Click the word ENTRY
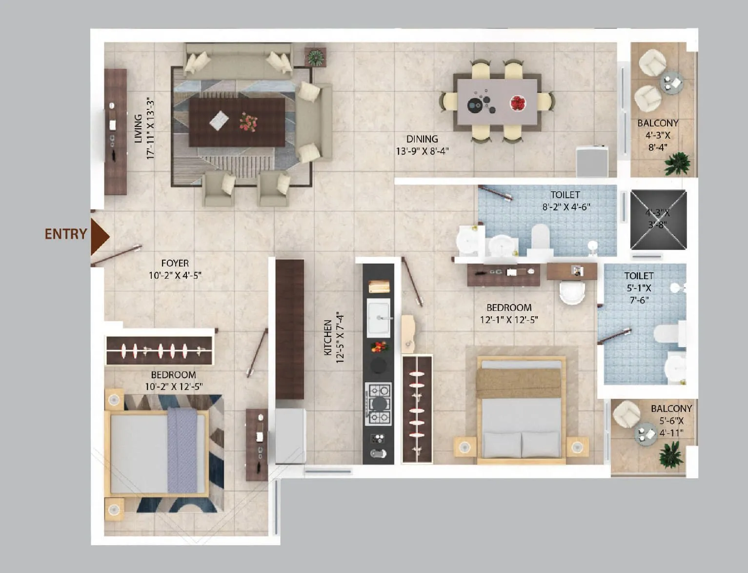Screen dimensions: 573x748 (x=65, y=234)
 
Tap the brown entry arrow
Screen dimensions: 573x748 (x=99, y=236)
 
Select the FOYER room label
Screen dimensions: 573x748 (x=175, y=264)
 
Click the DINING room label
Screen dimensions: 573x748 (x=422, y=139)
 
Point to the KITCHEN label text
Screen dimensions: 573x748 (x=328, y=337)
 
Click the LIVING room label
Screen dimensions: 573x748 (x=139, y=128)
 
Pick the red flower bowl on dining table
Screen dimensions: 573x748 (x=517, y=103)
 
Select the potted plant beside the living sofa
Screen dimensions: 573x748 (x=315, y=57)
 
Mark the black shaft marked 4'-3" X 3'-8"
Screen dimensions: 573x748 (x=658, y=219)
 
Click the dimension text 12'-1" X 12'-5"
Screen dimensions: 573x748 (x=509, y=320)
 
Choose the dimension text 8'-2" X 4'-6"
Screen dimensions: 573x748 (x=566, y=207)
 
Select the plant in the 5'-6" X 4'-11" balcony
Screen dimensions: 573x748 (x=669, y=454)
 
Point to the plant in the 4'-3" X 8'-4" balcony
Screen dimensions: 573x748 (x=678, y=164)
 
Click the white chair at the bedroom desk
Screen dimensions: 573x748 (x=571, y=292)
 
